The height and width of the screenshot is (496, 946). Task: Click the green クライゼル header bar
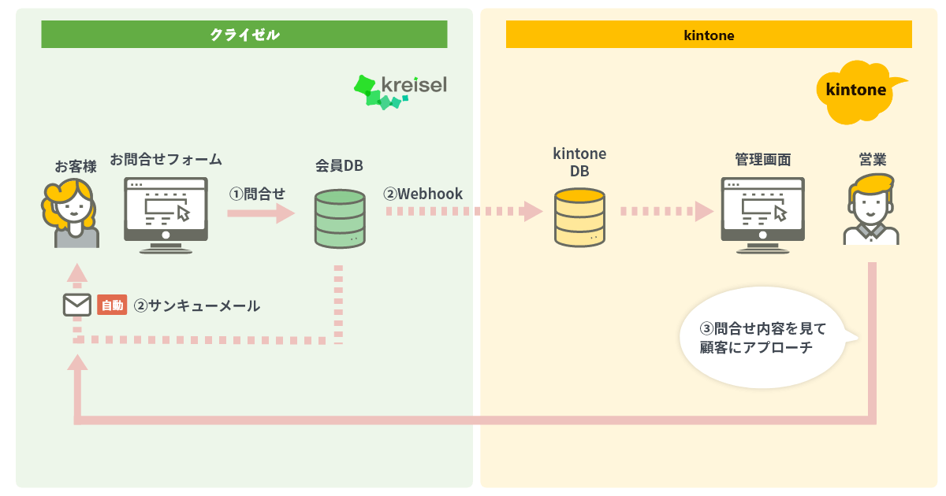[244, 34]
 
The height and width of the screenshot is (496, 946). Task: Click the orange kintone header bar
[709, 34]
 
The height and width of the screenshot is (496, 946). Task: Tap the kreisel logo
[400, 92]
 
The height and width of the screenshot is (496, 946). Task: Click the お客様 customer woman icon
[72, 213]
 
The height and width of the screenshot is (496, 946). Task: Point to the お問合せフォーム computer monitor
[166, 215]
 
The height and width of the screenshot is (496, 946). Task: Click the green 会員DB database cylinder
[340, 219]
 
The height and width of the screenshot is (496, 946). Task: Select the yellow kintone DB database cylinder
[579, 217]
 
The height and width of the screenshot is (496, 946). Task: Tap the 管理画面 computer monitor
[762, 215]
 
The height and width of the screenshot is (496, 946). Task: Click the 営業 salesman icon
[871, 209]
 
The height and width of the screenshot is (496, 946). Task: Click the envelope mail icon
[77, 305]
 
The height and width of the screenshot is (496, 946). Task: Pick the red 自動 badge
[112, 305]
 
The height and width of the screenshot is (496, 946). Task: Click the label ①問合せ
[257, 194]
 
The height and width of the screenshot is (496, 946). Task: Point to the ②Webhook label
[423, 194]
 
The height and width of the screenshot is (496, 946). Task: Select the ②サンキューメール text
[197, 305]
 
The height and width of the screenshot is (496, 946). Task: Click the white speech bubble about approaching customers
[766, 338]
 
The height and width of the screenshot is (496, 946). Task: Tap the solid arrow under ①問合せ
[261, 213]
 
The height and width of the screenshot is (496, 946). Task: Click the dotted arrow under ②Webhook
[464, 211]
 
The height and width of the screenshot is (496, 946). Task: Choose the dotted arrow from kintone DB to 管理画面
[667, 211]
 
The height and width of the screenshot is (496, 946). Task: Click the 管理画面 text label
[763, 160]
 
